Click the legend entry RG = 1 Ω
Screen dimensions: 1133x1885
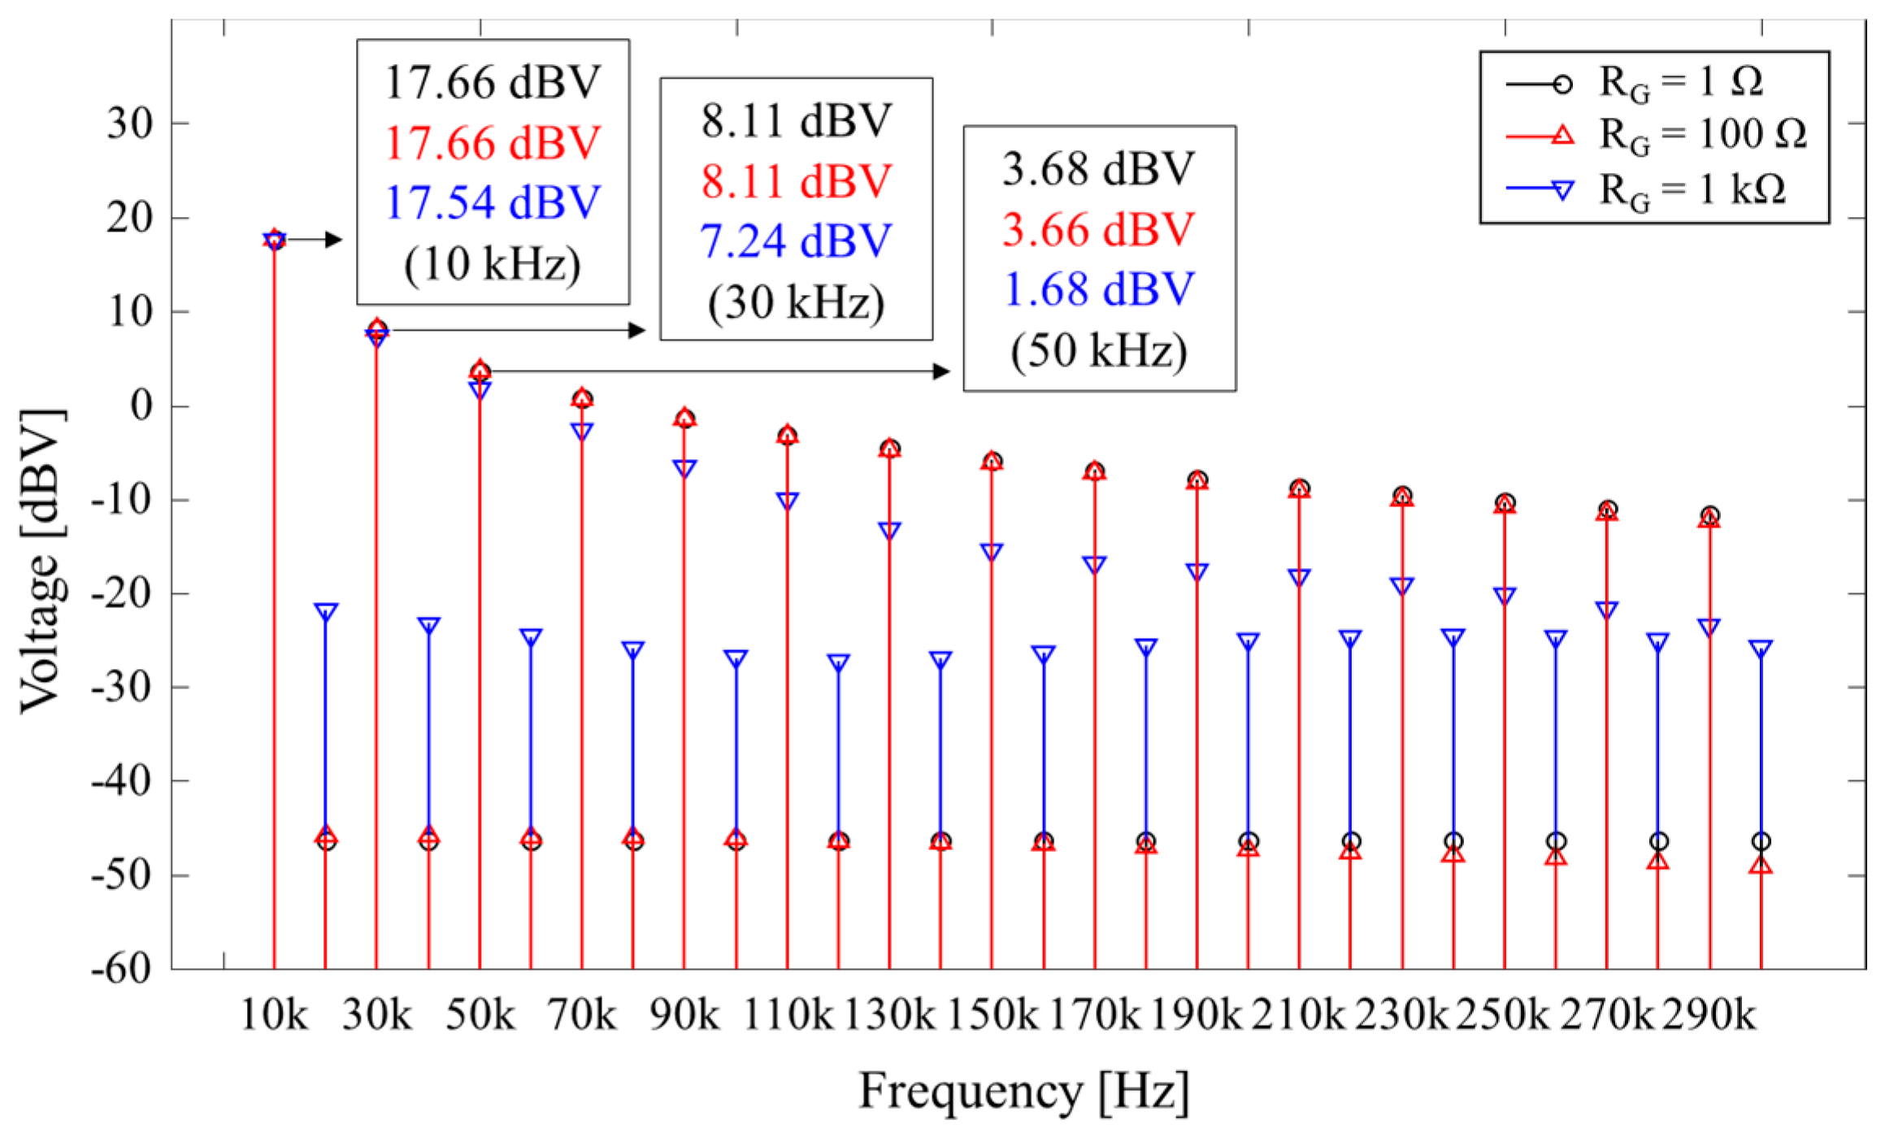1680,83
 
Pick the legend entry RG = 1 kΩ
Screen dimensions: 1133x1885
1692,190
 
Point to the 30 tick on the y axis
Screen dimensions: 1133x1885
130,124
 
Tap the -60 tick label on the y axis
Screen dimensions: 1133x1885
122,969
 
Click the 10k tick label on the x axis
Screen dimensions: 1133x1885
274,1014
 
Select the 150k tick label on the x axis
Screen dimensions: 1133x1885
992,1014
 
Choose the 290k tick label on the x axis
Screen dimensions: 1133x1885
1709,1014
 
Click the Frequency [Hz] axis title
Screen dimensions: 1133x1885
1023,1091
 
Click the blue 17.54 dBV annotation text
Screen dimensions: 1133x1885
493,202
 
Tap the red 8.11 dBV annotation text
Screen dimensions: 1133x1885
796,180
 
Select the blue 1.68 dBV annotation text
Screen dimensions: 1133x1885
1099,289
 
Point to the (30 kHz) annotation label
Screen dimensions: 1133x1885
796,302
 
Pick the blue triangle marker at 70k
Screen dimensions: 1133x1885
582,431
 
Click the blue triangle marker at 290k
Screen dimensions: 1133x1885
1709,627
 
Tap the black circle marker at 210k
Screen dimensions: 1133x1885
1300,488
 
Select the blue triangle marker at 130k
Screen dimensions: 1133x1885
889,531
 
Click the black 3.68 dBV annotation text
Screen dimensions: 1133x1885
1099,168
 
